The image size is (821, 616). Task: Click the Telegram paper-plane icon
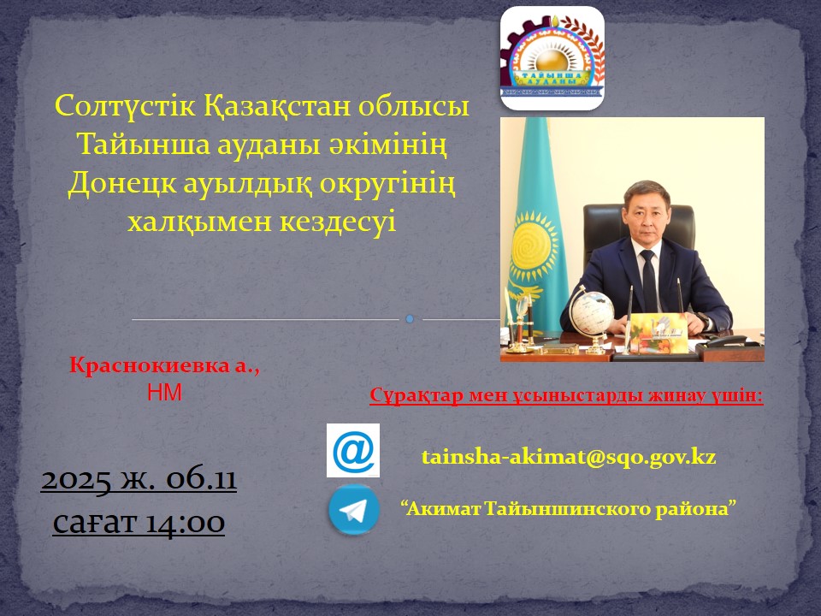(354, 510)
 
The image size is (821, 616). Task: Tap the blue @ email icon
(352, 450)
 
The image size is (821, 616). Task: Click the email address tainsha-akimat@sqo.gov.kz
(568, 457)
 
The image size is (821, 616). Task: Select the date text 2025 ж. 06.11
(139, 480)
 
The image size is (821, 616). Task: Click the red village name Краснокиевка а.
(163, 366)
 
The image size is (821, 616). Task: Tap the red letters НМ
(165, 393)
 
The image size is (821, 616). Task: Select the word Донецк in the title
(122, 182)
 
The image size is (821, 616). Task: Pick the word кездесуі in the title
(338, 221)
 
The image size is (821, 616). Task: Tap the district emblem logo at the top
(552, 58)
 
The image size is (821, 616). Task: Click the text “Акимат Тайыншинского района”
(569, 508)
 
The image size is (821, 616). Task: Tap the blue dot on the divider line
(410, 319)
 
